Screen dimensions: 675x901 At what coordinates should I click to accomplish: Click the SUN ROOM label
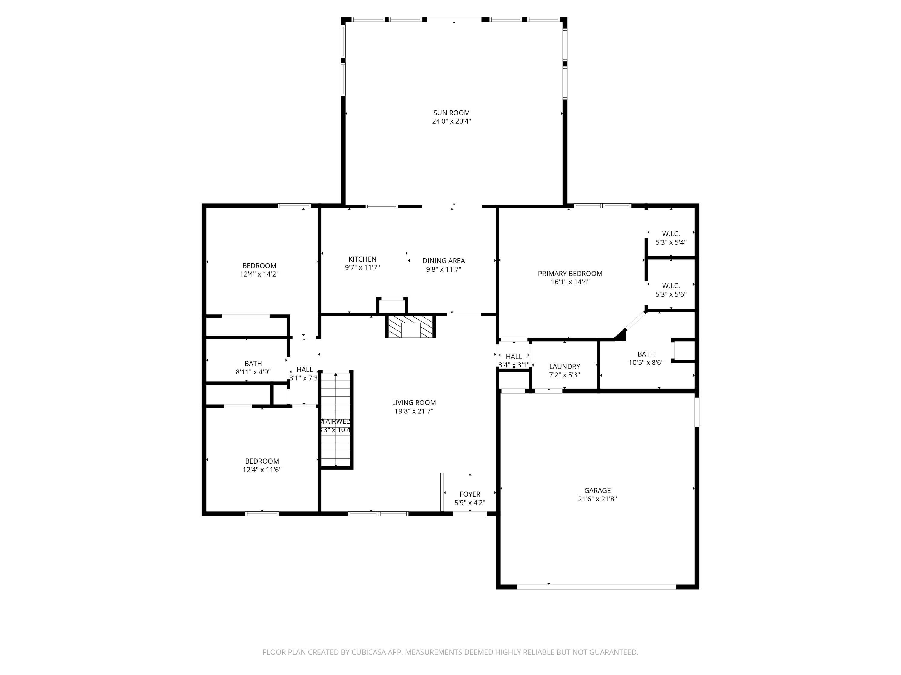pyautogui.click(x=451, y=113)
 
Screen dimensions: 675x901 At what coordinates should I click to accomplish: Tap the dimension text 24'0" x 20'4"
pyautogui.click(x=451, y=121)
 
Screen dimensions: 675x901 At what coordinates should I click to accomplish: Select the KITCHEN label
pyautogui.click(x=362, y=259)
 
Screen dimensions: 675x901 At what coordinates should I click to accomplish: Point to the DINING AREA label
pyautogui.click(x=444, y=261)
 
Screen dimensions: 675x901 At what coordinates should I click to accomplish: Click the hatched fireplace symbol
pyautogui.click(x=411, y=327)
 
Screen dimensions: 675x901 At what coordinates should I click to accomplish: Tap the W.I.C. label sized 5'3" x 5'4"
pyautogui.click(x=670, y=234)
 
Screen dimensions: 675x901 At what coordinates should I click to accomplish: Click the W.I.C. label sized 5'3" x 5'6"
pyautogui.click(x=670, y=286)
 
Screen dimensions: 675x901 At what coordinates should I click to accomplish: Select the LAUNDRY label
pyautogui.click(x=564, y=367)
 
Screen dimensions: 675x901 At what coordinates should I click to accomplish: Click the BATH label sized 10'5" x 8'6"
pyautogui.click(x=646, y=354)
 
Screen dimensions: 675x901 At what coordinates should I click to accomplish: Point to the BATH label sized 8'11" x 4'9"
pyautogui.click(x=253, y=363)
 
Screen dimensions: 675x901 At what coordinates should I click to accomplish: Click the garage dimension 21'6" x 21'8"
pyautogui.click(x=597, y=499)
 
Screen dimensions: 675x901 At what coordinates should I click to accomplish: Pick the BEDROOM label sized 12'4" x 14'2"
pyautogui.click(x=259, y=266)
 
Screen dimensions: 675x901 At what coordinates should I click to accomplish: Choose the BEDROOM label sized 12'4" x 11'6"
pyautogui.click(x=262, y=461)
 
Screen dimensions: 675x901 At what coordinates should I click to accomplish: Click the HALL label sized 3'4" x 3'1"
pyautogui.click(x=514, y=357)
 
